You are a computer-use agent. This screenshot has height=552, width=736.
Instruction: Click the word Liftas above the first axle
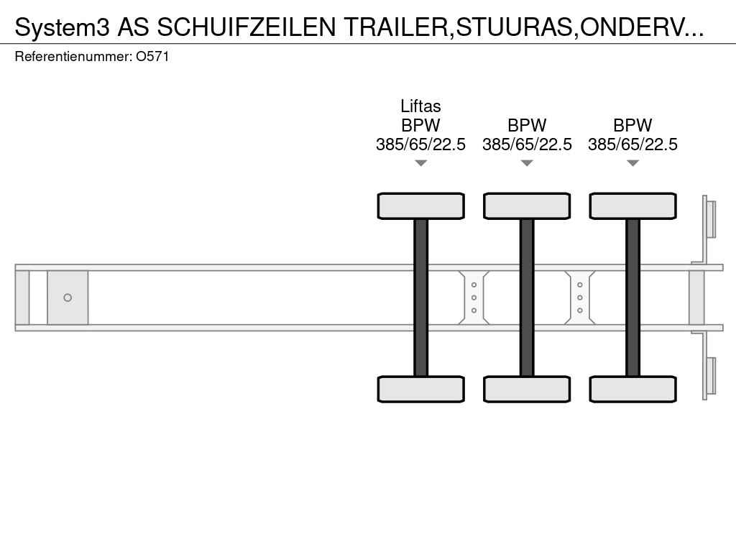420,106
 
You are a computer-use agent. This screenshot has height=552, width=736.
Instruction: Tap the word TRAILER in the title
396,27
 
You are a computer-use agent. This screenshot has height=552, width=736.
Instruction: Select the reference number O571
152,57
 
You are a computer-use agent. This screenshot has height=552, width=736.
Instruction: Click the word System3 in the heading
62,28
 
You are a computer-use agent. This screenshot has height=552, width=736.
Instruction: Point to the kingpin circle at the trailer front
68,298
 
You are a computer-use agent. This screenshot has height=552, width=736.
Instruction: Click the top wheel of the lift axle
421,206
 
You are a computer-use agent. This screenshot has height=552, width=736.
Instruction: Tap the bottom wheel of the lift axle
421,389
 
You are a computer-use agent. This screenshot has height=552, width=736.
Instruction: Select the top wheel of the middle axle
527,206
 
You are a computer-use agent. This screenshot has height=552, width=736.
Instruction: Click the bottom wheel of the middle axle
527,389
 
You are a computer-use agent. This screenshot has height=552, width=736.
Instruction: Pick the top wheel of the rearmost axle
633,206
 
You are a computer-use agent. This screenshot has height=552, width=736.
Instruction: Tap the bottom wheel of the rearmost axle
633,389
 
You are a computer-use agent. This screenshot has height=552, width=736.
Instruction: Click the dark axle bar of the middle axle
527,298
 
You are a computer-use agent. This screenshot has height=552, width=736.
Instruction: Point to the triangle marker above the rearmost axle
632,163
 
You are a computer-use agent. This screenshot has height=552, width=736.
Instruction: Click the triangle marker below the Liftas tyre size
421,163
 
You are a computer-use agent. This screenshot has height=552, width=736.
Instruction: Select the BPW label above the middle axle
527,125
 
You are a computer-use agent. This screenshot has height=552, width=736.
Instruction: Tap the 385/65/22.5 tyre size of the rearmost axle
632,144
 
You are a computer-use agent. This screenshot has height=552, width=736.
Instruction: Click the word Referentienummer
73,57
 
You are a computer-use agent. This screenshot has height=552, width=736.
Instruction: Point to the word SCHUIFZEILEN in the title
247,27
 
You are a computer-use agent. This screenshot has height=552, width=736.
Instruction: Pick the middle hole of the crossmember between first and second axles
474,298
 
